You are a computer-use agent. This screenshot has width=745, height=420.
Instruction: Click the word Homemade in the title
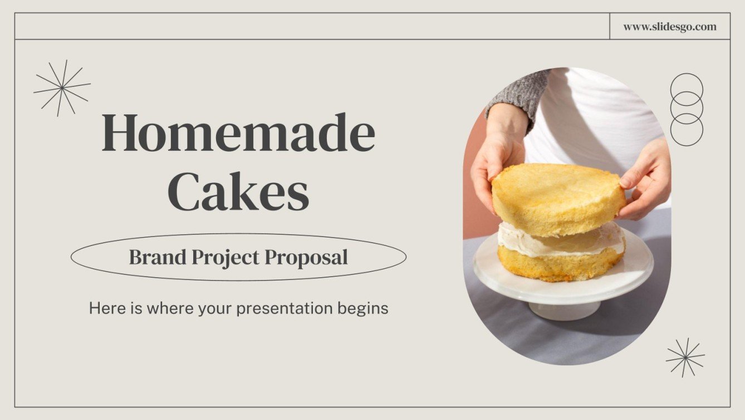coord(238,133)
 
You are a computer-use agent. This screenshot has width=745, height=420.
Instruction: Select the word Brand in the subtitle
coord(158,257)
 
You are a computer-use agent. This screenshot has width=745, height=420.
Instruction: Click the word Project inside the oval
coord(225,258)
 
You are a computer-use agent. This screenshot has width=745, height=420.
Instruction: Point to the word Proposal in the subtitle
coord(306,257)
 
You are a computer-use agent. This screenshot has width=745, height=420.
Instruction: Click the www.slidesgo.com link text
coord(670,26)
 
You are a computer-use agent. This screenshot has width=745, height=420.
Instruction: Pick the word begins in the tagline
coord(362,308)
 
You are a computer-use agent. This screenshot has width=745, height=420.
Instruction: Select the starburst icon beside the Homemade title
coord(62,88)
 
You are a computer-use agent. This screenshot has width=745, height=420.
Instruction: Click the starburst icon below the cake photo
coord(685,357)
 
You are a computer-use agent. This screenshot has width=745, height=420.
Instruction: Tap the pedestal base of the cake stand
coord(564,310)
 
